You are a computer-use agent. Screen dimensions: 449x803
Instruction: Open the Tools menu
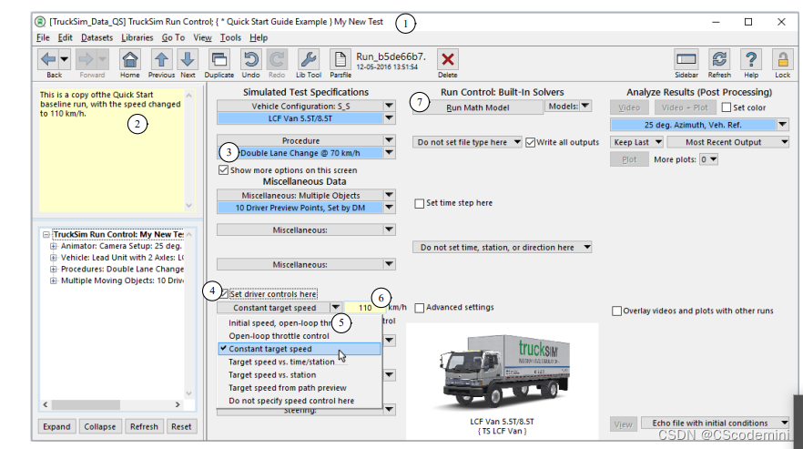tap(230, 37)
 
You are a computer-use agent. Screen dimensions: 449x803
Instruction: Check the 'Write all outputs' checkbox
tap(531, 142)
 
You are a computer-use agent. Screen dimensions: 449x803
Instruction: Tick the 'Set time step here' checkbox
tap(419, 203)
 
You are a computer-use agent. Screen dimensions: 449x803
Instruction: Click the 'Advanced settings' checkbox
tap(419, 308)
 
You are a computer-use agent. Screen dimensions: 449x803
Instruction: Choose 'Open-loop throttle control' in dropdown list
tap(279, 336)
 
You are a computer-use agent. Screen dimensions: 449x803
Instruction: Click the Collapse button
tap(99, 426)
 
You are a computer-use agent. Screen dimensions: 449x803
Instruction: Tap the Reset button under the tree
tap(181, 426)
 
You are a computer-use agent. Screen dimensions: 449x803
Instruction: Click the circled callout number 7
tap(419, 102)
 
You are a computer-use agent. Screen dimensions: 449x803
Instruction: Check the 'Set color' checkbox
tap(726, 107)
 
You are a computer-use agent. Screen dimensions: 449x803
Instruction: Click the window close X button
tap(780, 21)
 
